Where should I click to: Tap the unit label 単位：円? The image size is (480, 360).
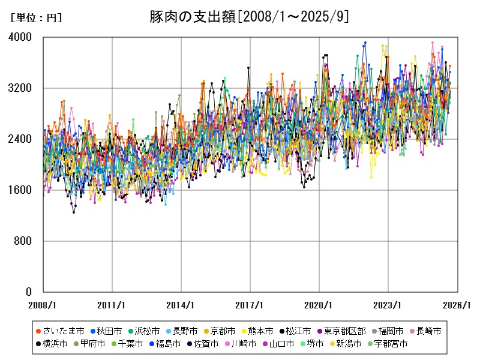[36, 18]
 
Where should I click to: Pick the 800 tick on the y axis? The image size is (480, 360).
[25, 241]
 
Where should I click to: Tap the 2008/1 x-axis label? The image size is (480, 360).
[43, 305]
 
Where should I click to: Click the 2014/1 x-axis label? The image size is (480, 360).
[181, 305]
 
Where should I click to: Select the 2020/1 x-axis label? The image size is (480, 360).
[319, 305]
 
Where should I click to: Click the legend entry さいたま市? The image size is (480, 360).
[59, 331]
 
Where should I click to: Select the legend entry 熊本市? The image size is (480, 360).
[261, 331]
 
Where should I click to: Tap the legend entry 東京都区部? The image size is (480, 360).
[345, 331]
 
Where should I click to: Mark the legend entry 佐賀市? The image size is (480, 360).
[202, 344]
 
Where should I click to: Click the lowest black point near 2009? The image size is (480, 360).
[74, 212]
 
